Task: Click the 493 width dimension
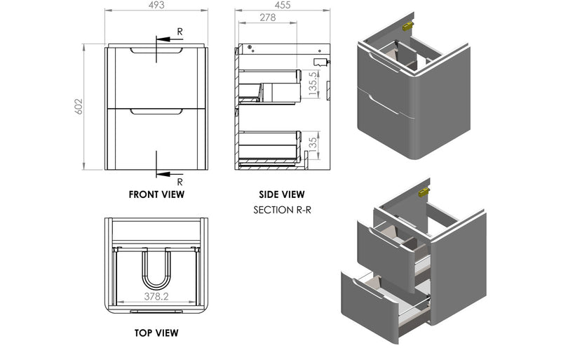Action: (156, 6)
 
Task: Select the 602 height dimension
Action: (79, 107)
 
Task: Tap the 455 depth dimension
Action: (283, 6)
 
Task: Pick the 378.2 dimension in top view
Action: (156, 297)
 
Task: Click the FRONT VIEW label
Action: (156, 194)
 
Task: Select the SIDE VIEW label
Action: (282, 194)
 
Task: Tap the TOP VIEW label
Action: (156, 332)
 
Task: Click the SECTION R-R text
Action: (282, 210)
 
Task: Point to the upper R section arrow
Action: (165, 39)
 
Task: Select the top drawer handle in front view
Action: (156, 51)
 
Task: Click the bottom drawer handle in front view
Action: (156, 112)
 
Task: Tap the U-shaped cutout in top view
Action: (156, 270)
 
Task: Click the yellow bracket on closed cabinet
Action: (407, 25)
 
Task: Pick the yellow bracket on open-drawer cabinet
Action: (424, 192)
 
